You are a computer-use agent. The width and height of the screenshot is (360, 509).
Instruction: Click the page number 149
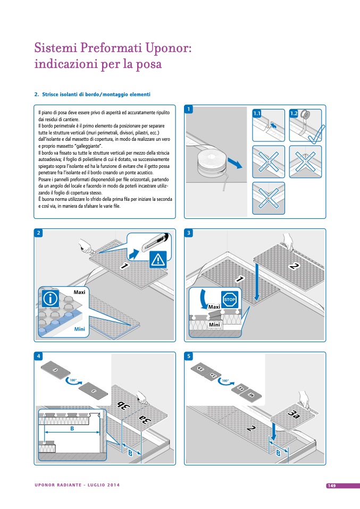click(331, 485)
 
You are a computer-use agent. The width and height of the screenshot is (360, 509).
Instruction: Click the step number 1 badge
click(189, 109)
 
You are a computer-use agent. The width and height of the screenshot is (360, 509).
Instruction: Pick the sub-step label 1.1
click(257, 113)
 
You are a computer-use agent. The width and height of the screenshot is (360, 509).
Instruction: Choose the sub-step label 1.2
click(294, 113)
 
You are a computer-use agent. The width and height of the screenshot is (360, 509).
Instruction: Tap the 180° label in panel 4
click(73, 380)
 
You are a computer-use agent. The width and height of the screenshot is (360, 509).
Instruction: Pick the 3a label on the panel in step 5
click(292, 414)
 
